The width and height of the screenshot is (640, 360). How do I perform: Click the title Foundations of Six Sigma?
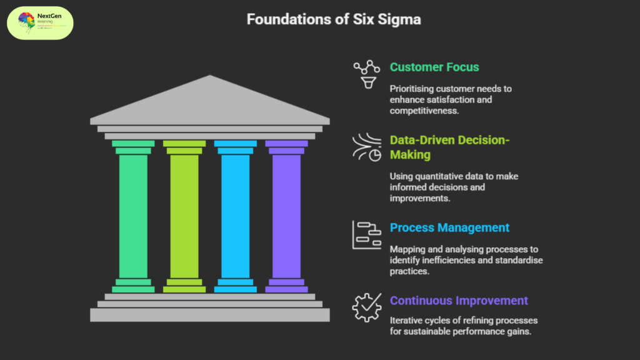coord(333,19)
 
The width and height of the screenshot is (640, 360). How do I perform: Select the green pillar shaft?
coord(133,216)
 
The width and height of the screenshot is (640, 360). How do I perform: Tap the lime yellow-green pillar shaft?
coord(184,216)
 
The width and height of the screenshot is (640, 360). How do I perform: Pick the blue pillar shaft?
coord(235,216)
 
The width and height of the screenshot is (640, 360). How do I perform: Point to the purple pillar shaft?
coord(286,216)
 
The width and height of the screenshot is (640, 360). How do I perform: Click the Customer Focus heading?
coord(435,67)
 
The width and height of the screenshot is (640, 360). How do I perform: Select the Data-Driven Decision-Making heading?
coord(450,147)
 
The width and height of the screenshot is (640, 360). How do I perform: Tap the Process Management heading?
coord(449,227)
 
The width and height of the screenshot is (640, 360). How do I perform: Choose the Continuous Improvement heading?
coord(459,301)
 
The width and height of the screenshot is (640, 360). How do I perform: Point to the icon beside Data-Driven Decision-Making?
coord(367,148)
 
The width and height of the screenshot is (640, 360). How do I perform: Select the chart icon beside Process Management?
coord(367,235)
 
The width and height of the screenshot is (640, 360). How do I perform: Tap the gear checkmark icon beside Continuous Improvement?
coord(366,307)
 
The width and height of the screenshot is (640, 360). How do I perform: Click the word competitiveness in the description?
coord(425,111)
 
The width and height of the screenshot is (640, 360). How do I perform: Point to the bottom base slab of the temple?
coord(209,315)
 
